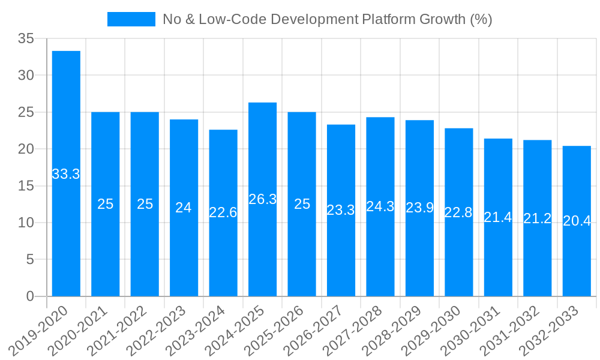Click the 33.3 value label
(x=66, y=175)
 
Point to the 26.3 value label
(x=262, y=199)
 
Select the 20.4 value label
(x=577, y=221)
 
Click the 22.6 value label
(x=223, y=212)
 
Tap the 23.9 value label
(x=419, y=208)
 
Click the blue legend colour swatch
(x=131, y=19)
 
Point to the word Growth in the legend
(x=442, y=19)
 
